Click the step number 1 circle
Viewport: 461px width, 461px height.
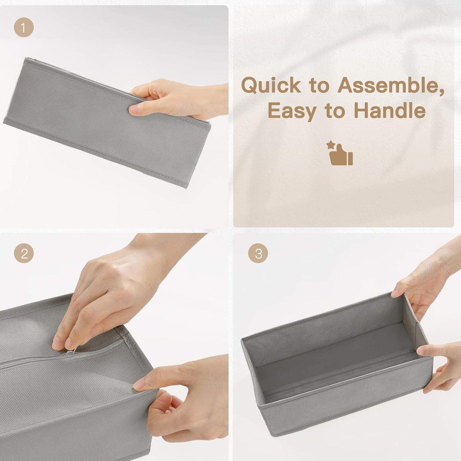tap(24, 27)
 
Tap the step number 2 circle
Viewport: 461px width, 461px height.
tap(24, 253)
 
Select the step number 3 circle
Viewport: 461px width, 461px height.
tap(258, 253)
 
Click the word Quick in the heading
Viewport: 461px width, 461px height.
tap(271, 85)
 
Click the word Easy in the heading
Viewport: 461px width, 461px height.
tap(292, 111)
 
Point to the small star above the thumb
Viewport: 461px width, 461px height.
tap(331, 145)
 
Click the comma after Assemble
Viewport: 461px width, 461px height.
tap(442, 93)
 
